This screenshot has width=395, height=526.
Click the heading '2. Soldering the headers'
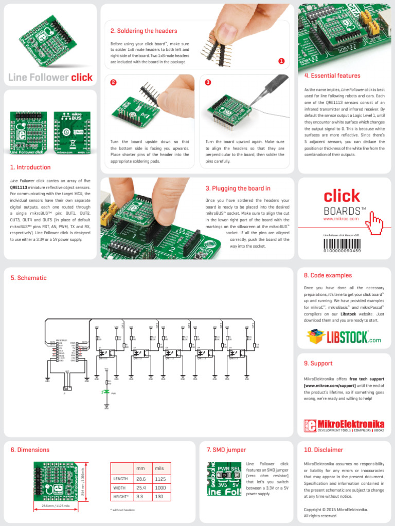tap(143, 31)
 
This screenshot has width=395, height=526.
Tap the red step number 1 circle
tap(281, 61)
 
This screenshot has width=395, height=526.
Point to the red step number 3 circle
tap(208, 82)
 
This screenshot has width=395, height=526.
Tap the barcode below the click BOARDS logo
tap(342, 242)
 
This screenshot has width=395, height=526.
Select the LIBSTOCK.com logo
tap(344, 336)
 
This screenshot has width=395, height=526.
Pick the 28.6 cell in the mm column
tap(140, 478)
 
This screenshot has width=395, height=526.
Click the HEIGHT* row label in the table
tap(120, 497)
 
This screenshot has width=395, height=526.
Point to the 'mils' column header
tap(159, 468)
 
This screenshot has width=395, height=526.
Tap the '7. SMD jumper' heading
tap(226, 450)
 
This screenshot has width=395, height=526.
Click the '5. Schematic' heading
tap(29, 278)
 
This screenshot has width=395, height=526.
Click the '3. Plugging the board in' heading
tap(238, 189)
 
